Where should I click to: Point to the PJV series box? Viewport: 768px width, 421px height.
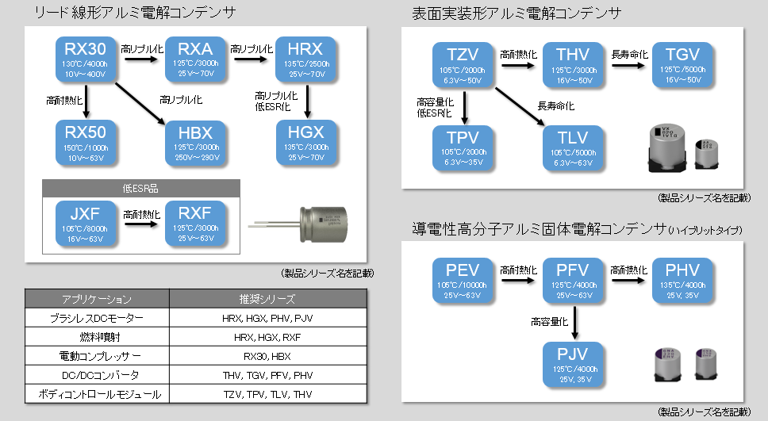click(x=574, y=362)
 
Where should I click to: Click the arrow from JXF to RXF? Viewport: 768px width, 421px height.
click(x=142, y=224)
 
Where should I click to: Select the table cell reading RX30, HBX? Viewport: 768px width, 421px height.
click(x=267, y=356)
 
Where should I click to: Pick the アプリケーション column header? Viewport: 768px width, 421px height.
click(x=97, y=299)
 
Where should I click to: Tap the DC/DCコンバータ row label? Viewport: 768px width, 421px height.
click(x=97, y=375)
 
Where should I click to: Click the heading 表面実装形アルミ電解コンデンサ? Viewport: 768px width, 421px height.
click(x=516, y=13)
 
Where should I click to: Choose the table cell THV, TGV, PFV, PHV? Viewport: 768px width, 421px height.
click(x=267, y=375)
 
